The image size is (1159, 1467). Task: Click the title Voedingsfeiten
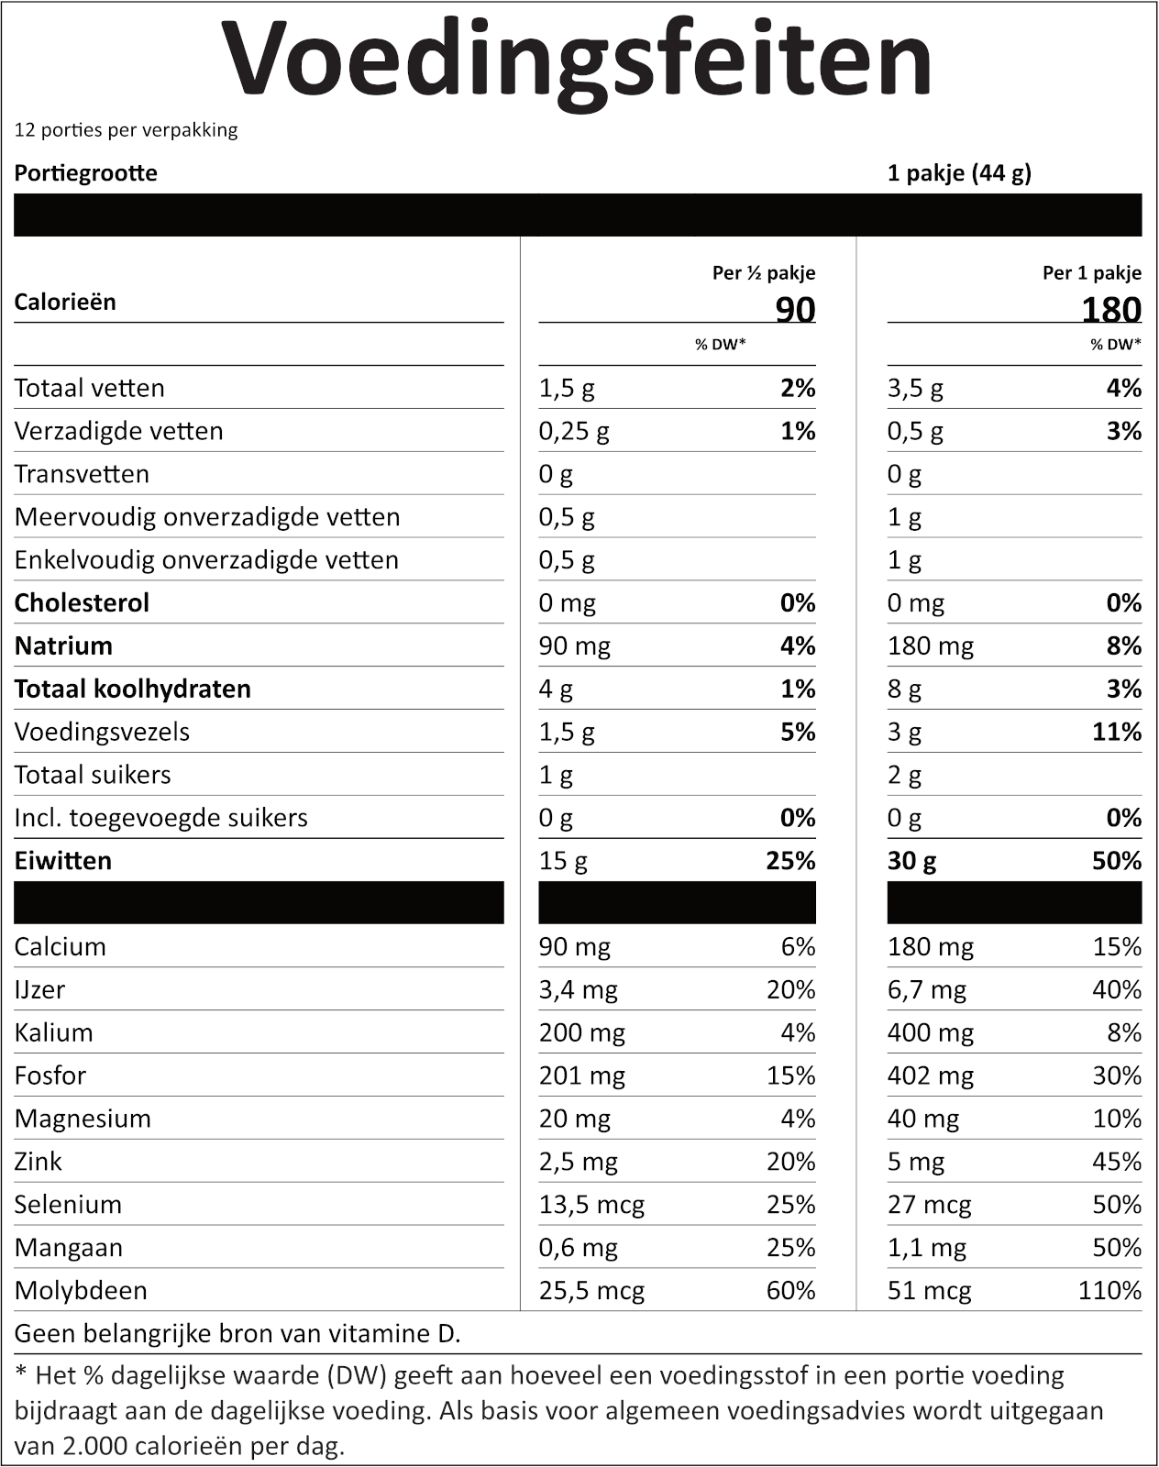(x=578, y=60)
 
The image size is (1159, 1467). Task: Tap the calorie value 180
(x=1110, y=310)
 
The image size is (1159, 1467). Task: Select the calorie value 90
(x=795, y=310)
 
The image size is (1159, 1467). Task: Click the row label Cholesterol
(x=82, y=602)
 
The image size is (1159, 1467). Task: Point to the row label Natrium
(x=63, y=645)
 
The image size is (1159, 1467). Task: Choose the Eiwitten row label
(x=62, y=860)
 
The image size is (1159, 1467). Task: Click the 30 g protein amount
(x=911, y=860)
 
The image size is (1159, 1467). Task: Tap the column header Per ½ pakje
(x=763, y=272)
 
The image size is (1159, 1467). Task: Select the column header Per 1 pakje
(x=1091, y=272)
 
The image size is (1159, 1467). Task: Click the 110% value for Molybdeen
(x=1109, y=1290)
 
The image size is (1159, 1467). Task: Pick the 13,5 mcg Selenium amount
(x=591, y=1204)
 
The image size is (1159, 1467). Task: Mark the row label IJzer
(x=39, y=989)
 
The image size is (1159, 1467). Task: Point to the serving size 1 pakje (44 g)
(x=959, y=173)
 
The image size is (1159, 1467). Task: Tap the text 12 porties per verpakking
(x=126, y=129)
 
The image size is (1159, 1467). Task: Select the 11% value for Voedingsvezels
(x=1117, y=732)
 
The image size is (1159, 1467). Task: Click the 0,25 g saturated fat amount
(x=574, y=431)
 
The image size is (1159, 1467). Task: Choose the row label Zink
(x=38, y=1161)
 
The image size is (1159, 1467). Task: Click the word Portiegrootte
(x=85, y=173)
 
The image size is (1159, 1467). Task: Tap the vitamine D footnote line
(x=237, y=1333)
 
